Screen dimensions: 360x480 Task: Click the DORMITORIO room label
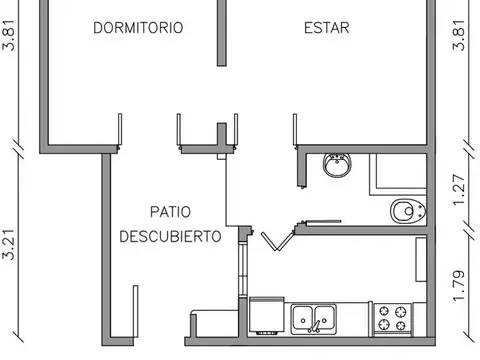[x=138, y=28]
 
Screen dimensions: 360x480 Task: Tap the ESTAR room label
[x=327, y=28]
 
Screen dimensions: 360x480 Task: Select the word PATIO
[x=171, y=212]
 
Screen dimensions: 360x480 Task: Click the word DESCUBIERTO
[x=170, y=237]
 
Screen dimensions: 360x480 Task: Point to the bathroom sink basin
[x=338, y=165]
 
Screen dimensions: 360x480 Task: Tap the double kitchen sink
[x=314, y=318]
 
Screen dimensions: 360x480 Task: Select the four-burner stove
[x=394, y=318]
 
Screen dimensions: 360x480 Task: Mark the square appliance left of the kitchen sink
[x=265, y=316]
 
